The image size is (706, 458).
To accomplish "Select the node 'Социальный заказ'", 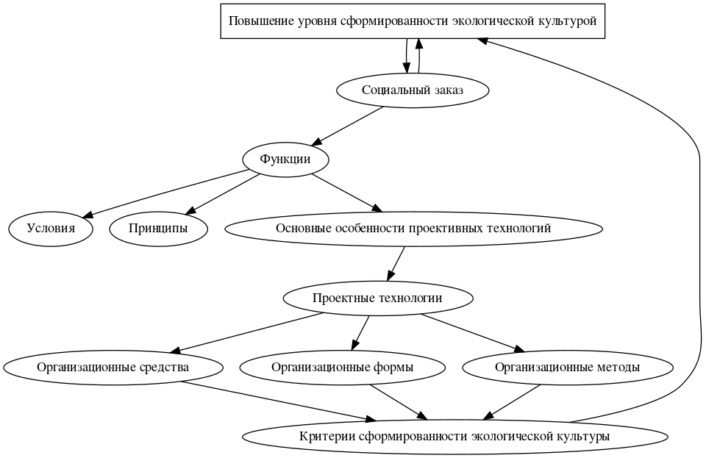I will point(413,90).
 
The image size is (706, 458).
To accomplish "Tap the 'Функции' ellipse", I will point(285,160).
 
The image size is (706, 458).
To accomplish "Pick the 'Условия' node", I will point(51,229).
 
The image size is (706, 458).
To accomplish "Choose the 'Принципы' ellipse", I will point(158,229).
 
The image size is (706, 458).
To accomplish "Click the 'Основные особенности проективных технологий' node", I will point(413,229).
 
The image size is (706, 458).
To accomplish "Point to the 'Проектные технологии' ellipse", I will point(377,298).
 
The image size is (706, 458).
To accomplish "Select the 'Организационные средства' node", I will point(113,367).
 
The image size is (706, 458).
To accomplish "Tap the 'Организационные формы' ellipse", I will point(342,367).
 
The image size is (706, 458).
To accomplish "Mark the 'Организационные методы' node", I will point(567,367).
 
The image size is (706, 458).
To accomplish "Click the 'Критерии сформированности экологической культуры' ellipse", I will point(454,436).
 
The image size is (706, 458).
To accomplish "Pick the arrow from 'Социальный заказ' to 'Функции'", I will point(349,125).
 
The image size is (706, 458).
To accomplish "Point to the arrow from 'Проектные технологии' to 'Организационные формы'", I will point(360,332).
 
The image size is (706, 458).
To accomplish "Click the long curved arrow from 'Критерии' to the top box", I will point(695,221).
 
